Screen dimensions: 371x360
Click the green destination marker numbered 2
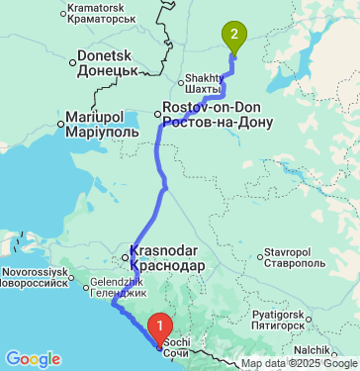click(233, 37)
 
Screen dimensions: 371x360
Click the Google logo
click(33, 358)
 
